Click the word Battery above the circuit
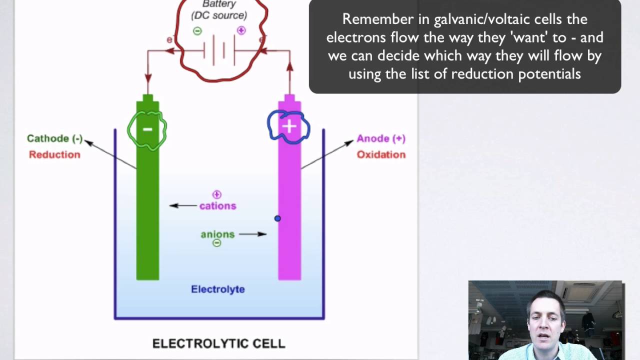pyautogui.click(x=219, y=4)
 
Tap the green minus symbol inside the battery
pyautogui.click(x=197, y=31)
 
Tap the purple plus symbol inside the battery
pyautogui.click(x=241, y=30)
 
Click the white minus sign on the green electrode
pyautogui.click(x=147, y=129)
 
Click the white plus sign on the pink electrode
pyautogui.click(x=289, y=126)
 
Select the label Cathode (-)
pyautogui.click(x=55, y=139)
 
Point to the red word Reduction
pyautogui.click(x=54, y=154)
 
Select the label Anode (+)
pyautogui.click(x=381, y=138)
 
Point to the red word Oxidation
pyautogui.click(x=381, y=154)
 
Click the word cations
pyautogui.click(x=217, y=206)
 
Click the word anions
pyautogui.click(x=217, y=234)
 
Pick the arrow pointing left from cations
pyautogui.click(x=183, y=205)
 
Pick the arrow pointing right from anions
pyautogui.click(x=252, y=234)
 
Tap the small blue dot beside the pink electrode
pyautogui.click(x=277, y=218)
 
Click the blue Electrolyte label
pyautogui.click(x=218, y=289)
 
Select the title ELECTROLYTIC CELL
pyautogui.click(x=218, y=343)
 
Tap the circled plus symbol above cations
pyautogui.click(x=216, y=194)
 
